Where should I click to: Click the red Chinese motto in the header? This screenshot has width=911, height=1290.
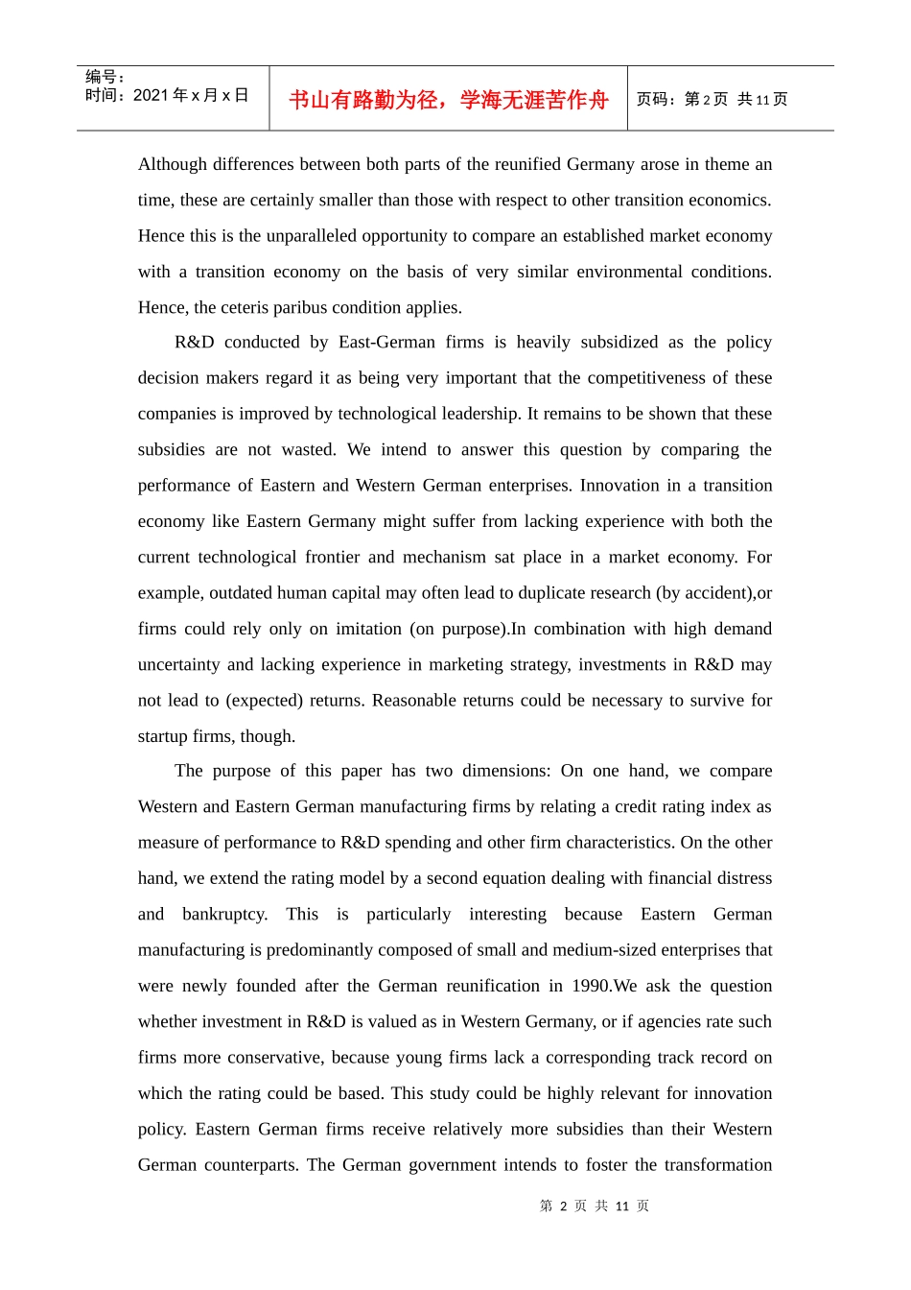coord(448,100)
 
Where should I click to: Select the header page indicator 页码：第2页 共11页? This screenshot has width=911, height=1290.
coord(712,100)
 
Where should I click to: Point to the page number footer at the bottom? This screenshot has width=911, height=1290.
coord(594,1206)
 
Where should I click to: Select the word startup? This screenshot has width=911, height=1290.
coord(164,736)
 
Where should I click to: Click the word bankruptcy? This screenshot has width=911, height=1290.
coord(224,915)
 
